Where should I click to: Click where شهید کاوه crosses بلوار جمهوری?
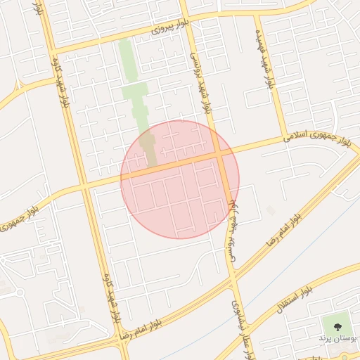coord(84,186)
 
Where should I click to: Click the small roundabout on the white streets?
coord(20,292)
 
